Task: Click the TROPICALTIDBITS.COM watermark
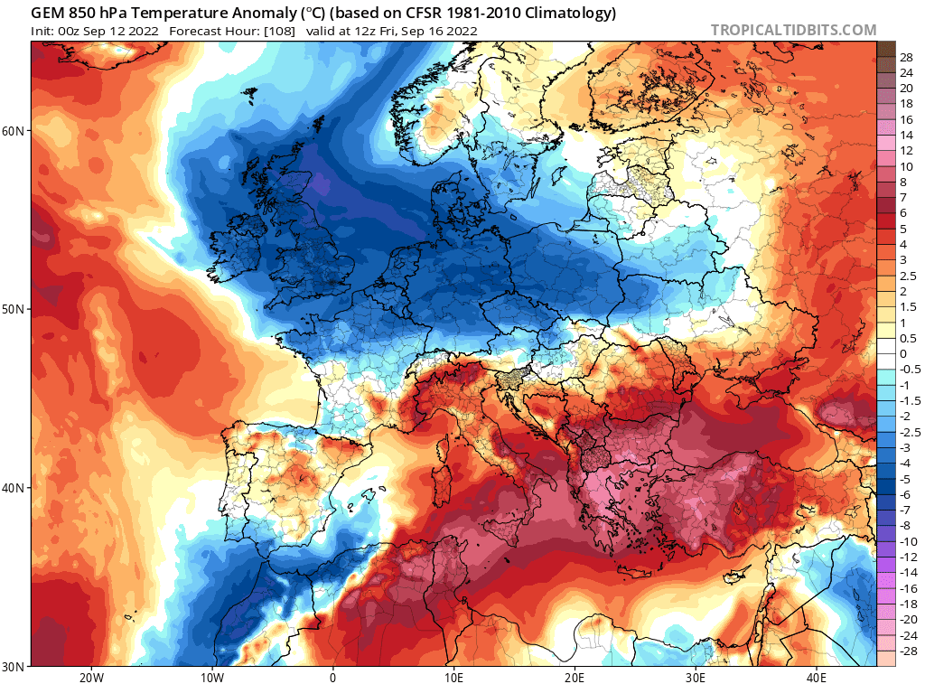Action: pyautogui.click(x=793, y=30)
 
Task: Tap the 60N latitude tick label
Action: pyautogui.click(x=14, y=131)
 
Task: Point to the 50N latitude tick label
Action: pyautogui.click(x=14, y=309)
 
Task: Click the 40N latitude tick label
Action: pyautogui.click(x=14, y=488)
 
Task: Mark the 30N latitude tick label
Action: pyautogui.click(x=14, y=666)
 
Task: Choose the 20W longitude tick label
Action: pyautogui.click(x=90, y=677)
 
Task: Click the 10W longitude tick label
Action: pyautogui.click(x=211, y=677)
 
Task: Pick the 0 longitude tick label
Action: pyautogui.click(x=332, y=677)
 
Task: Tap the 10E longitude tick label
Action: pyautogui.click(x=453, y=677)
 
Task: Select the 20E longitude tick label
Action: pyautogui.click(x=575, y=677)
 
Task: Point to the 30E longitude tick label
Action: pyautogui.click(x=696, y=677)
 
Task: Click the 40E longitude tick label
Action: pyautogui.click(x=817, y=677)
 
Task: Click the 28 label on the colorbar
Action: pyautogui.click(x=906, y=57)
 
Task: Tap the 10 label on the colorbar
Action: pyautogui.click(x=906, y=167)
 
